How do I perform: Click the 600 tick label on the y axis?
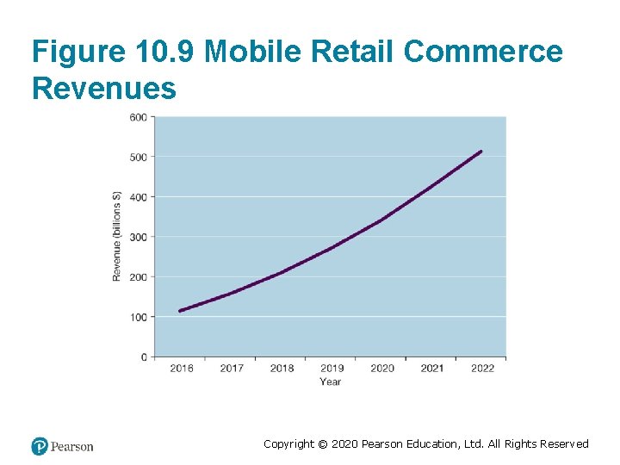pos(138,117)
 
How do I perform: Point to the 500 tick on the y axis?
pos(138,157)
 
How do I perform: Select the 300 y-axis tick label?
pos(138,237)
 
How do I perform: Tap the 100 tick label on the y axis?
pos(138,317)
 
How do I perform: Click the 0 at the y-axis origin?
pos(144,356)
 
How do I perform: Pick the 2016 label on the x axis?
pos(182,369)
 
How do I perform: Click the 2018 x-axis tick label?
pos(282,369)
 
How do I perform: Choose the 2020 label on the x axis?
pos(382,369)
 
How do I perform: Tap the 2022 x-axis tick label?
pos(482,369)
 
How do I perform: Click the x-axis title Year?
pos(330,381)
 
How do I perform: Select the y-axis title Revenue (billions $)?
pos(117,236)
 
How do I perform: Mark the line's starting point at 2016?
pos(180,311)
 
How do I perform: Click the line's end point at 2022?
pos(480,152)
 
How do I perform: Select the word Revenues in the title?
pos(103,88)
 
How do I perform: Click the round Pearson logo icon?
pos(40,446)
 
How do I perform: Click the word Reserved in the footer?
pos(565,444)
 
